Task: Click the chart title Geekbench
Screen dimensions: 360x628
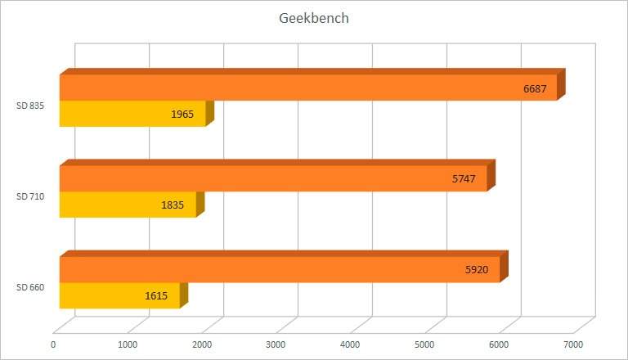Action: [314, 18]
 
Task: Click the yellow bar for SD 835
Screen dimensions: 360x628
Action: [132, 114]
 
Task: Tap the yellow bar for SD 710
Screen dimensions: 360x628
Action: [128, 205]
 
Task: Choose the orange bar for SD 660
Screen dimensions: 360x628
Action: [279, 269]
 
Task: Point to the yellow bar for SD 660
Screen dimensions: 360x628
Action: [119, 295]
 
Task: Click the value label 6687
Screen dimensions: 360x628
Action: [535, 88]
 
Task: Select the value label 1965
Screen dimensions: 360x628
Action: [182, 115]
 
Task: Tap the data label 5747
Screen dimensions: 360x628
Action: [464, 179]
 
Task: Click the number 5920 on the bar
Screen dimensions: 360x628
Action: [475, 270]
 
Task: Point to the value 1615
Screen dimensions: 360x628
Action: [155, 296]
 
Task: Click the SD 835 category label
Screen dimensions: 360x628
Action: [30, 106]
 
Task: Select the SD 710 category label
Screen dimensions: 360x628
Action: [30, 196]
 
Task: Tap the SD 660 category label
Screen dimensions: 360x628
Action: [30, 287]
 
